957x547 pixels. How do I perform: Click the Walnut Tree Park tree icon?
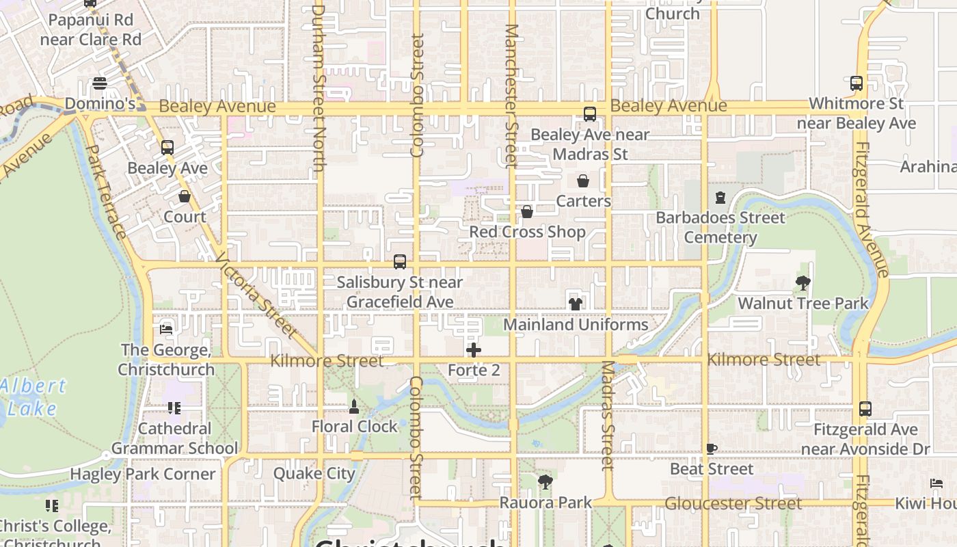[803, 282]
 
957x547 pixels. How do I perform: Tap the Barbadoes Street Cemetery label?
[720, 228]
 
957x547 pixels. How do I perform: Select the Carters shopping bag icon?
[583, 181]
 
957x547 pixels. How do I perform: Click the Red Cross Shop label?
[527, 232]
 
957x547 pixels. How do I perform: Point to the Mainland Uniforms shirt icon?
[576, 304]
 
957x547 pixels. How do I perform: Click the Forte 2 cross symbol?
[473, 351]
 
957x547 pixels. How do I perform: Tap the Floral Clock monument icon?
[354, 407]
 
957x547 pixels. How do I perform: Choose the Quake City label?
[314, 473]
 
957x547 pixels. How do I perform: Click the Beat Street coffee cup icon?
[712, 449]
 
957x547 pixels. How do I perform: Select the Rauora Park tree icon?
[545, 483]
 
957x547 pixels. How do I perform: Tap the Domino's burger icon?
[100, 84]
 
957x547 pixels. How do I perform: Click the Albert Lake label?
[33, 397]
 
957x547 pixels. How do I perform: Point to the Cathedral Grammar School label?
[174, 438]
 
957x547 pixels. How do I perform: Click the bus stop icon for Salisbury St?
[400, 262]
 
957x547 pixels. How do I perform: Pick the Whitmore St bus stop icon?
[857, 83]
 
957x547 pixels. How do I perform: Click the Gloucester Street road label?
[733, 504]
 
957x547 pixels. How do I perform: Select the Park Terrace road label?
[107, 191]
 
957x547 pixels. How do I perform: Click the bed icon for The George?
[165, 330]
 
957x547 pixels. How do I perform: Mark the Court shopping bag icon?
[185, 197]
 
